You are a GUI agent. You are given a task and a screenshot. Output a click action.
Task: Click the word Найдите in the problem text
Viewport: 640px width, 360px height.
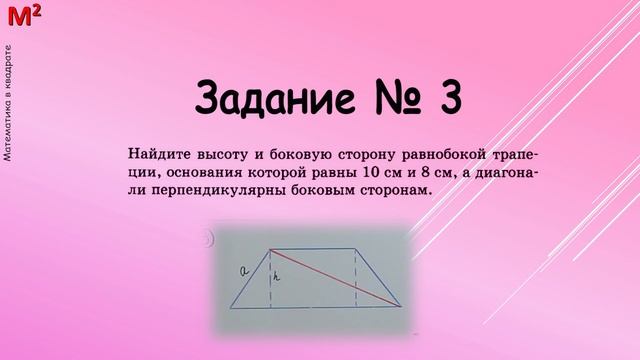[x=157, y=155]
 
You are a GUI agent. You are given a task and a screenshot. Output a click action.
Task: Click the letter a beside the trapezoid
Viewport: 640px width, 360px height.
[x=243, y=270]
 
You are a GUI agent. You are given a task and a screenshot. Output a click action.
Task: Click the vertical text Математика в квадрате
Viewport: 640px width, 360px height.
[x=8, y=101]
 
